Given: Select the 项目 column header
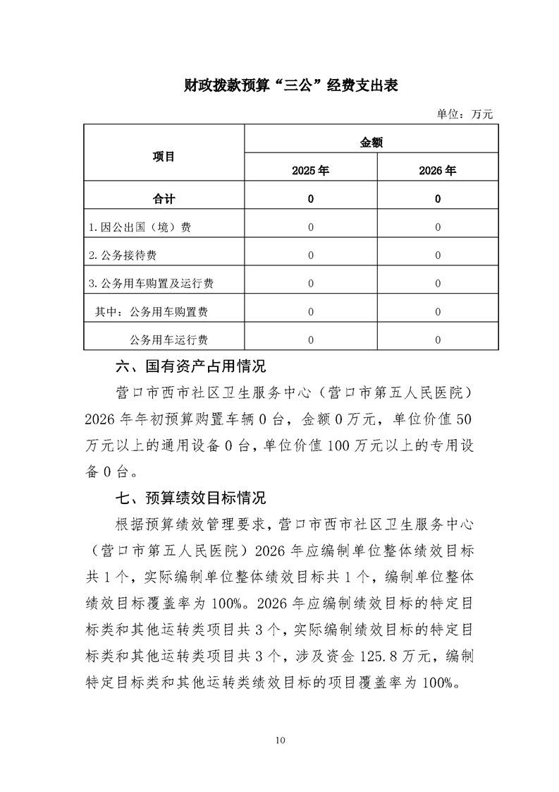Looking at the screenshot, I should coord(164,157).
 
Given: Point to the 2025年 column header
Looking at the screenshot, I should coord(311,170).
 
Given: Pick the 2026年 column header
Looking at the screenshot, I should coord(438,170).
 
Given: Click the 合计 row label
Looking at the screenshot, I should coord(164,199).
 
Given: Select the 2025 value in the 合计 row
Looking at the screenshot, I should coord(311,199).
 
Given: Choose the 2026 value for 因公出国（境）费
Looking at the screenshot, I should coord(438,227).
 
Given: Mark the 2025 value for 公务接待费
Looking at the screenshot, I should coord(311,256).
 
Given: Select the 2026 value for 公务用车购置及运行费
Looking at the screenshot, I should coord(438,284).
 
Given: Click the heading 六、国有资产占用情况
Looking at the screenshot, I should coord(190,367).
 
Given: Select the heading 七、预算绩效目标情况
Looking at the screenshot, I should coord(190,498).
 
